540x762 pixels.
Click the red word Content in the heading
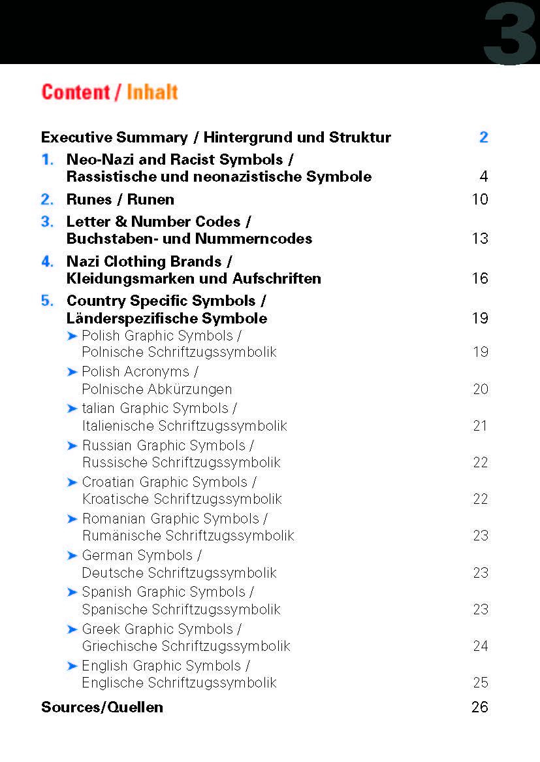76,92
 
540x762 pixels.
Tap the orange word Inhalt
152,92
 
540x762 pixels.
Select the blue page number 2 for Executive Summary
483,137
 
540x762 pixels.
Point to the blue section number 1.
46,159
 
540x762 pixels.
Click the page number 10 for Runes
480,199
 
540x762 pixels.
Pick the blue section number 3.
47,222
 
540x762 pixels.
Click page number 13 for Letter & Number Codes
480,239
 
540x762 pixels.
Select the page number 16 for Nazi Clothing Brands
480,278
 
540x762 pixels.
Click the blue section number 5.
47,301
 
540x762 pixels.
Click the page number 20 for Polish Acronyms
481,389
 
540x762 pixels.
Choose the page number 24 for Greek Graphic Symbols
481,646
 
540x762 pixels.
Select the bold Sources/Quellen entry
102,707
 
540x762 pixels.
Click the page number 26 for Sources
480,707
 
